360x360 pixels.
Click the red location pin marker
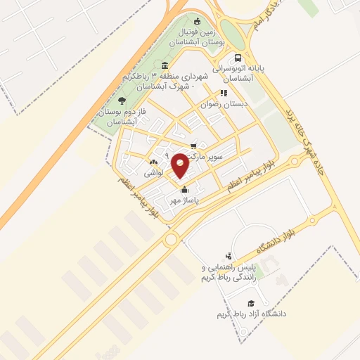point(180,165)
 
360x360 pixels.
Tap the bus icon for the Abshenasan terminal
point(238,58)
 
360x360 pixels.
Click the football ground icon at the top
point(197,21)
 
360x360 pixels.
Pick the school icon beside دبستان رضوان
point(224,92)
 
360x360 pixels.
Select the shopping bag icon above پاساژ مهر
point(184,189)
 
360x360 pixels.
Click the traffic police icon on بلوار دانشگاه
point(228,257)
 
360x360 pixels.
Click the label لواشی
point(153,172)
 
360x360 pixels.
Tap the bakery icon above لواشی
point(153,162)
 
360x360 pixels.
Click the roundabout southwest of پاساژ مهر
point(170,240)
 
